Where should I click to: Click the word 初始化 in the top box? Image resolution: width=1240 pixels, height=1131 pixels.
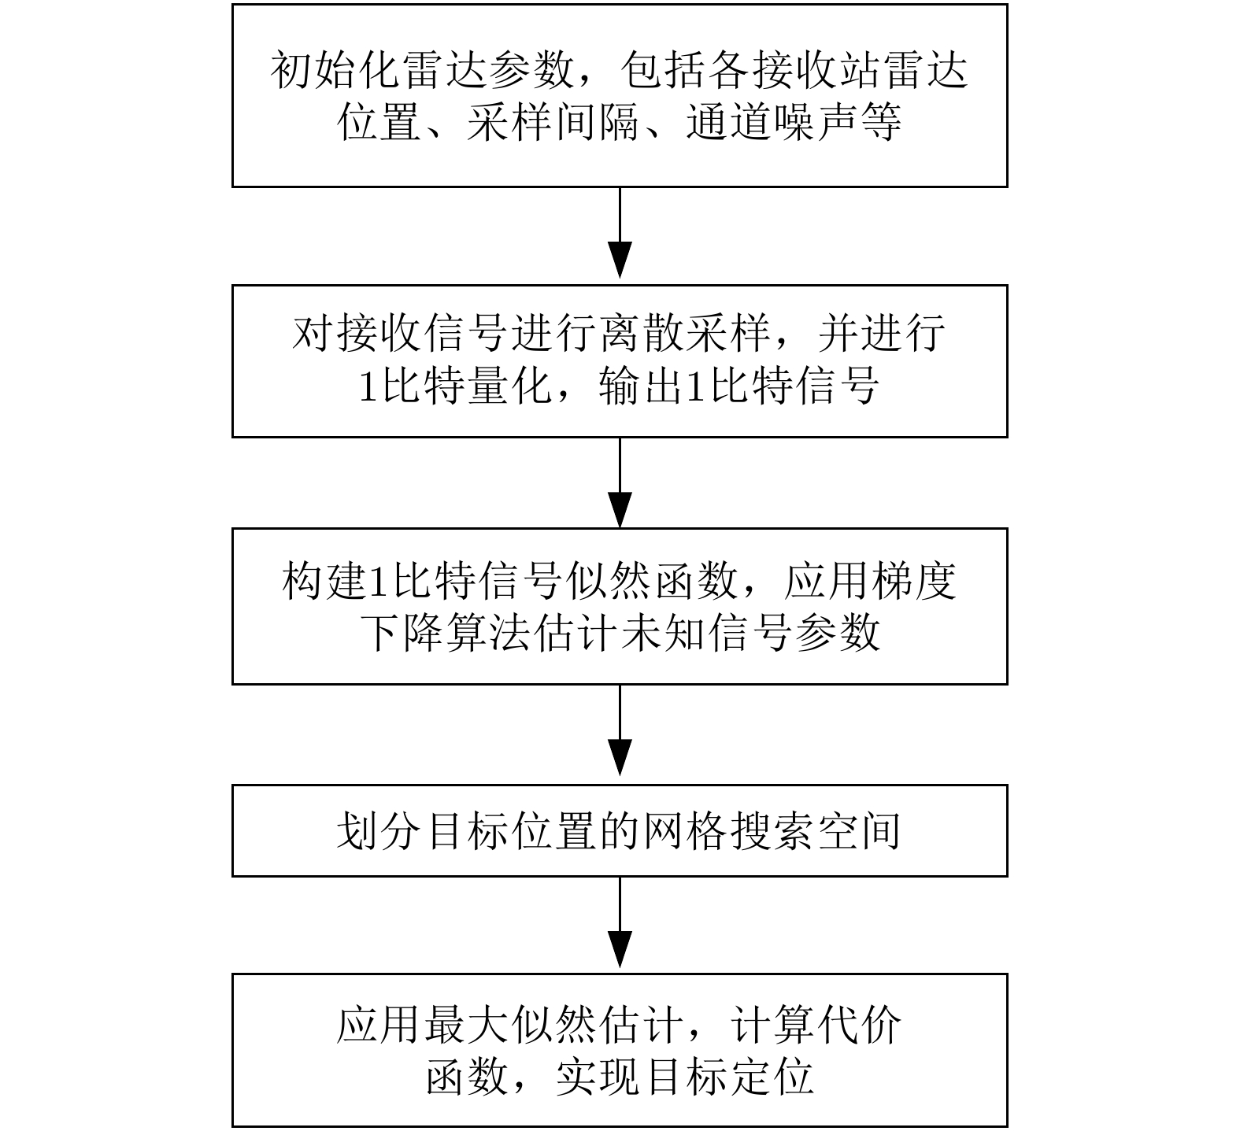pyautogui.click(x=335, y=72)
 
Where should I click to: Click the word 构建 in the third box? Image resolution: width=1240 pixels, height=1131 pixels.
pyautogui.click(x=324, y=582)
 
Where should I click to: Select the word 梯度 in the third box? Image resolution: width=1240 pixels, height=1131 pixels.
pyautogui.click(x=914, y=582)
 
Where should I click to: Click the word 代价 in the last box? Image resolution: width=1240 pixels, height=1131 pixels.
pyautogui.click(x=861, y=1026)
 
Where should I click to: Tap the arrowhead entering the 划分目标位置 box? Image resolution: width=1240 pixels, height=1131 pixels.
pyautogui.click(x=620, y=762)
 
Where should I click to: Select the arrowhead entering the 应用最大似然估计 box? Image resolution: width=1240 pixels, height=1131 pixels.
pyautogui.click(x=620, y=950)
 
